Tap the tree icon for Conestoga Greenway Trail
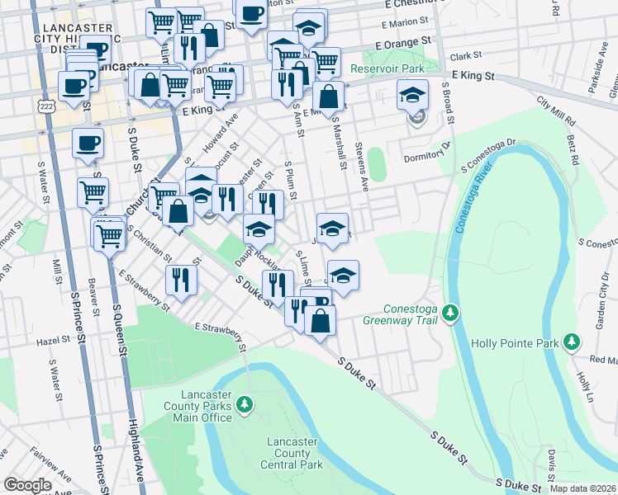[x=450, y=313]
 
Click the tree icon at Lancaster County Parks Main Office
[x=244, y=404]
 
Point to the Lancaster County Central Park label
[x=292, y=453]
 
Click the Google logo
[x=27, y=484]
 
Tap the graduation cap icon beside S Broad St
[x=413, y=96]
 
